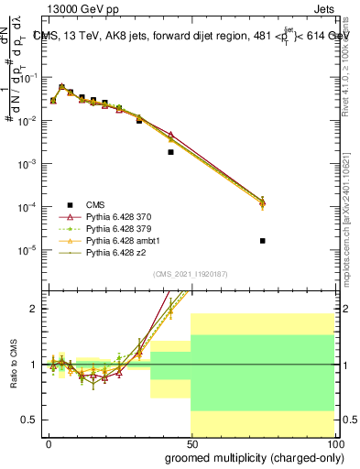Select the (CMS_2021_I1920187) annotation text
(x=191, y=273)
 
